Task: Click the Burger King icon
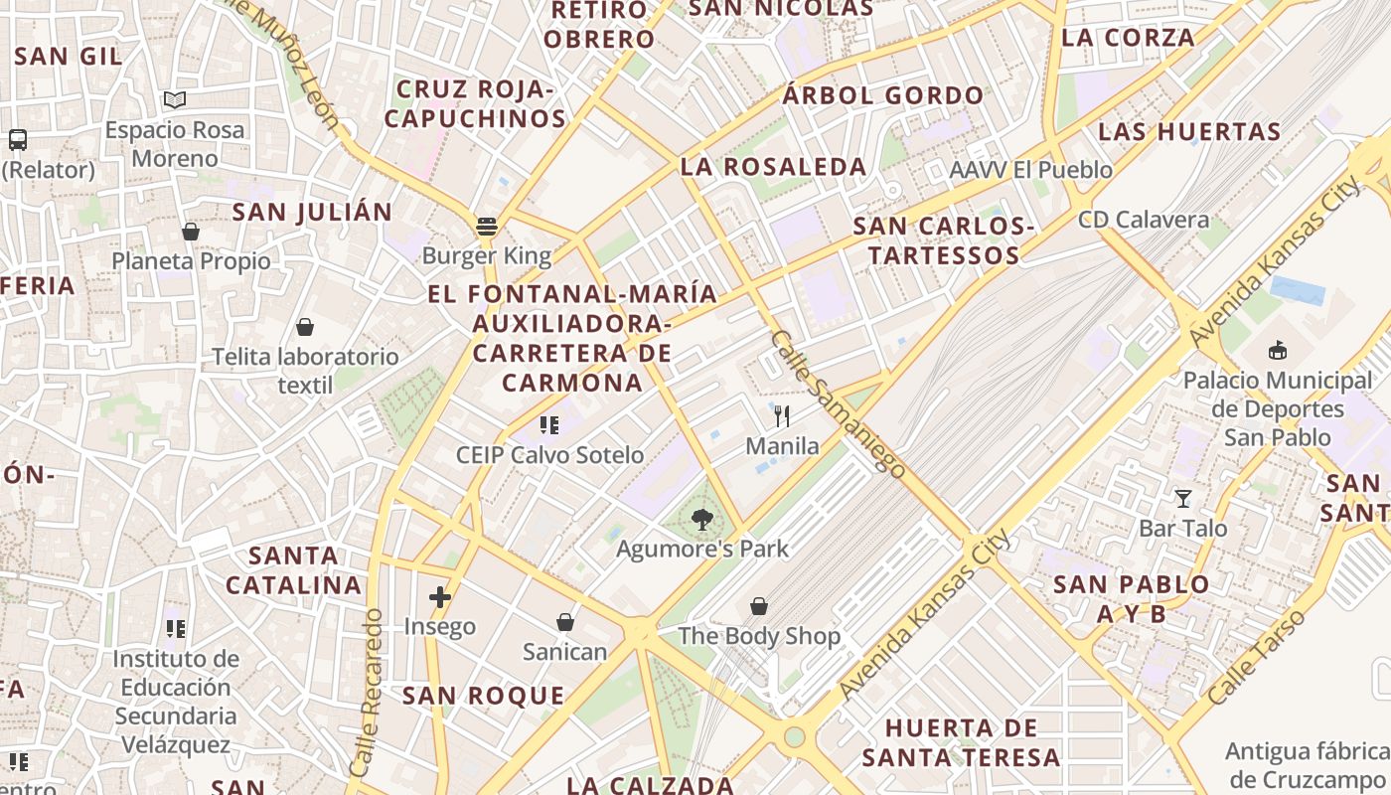pyautogui.click(x=486, y=226)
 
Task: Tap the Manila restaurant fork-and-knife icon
pyautogui.click(x=782, y=415)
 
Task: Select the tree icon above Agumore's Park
pyautogui.click(x=702, y=518)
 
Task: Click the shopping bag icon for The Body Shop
pyautogui.click(x=759, y=605)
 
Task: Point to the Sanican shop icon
pyautogui.click(x=564, y=622)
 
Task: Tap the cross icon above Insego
pyautogui.click(x=439, y=596)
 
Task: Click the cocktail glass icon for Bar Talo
pyautogui.click(x=1182, y=498)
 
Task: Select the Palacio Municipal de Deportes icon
pyautogui.click(x=1278, y=350)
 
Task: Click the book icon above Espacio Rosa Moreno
pyautogui.click(x=175, y=99)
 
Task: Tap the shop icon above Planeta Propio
pyautogui.click(x=191, y=232)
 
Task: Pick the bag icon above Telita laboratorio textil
pyautogui.click(x=305, y=327)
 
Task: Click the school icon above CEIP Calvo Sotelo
pyautogui.click(x=548, y=425)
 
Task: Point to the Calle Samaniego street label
pyautogui.click(x=837, y=403)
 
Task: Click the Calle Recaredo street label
pyautogui.click(x=366, y=693)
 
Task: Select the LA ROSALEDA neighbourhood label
pyautogui.click(x=773, y=167)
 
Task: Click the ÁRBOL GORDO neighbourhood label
pyautogui.click(x=882, y=96)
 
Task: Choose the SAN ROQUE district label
pyautogui.click(x=483, y=696)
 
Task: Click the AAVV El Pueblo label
pyautogui.click(x=1030, y=170)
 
